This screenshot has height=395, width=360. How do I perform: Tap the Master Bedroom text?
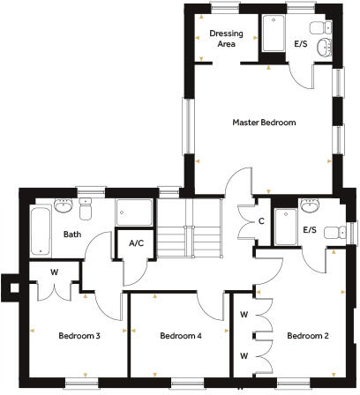pyautogui.click(x=264, y=123)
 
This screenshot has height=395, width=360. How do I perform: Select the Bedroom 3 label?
pyautogui.click(x=79, y=336)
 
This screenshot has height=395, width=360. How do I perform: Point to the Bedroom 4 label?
pyautogui.click(x=181, y=336)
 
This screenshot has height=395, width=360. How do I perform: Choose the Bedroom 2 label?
pyautogui.click(x=308, y=336)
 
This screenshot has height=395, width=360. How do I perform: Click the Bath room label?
pyautogui.click(x=72, y=235)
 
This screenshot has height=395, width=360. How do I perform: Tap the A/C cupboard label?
pyautogui.click(x=137, y=242)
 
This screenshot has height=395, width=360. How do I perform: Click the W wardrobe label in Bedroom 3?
pyautogui.click(x=54, y=272)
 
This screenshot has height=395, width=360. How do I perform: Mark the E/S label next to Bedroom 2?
pyautogui.click(x=310, y=230)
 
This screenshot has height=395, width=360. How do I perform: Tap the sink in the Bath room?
pyautogui.click(x=63, y=207)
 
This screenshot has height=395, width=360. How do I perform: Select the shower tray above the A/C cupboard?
pyautogui.click(x=134, y=215)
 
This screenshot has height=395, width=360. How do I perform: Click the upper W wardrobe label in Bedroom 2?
pyautogui.click(x=244, y=313)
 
